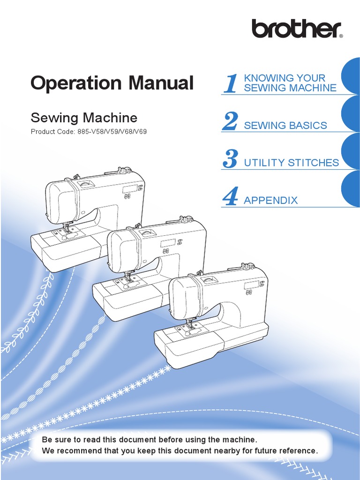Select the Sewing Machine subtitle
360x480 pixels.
tap(84, 117)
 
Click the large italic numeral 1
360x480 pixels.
tap(230, 84)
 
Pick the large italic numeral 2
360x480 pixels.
tap(230, 121)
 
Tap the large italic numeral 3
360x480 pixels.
tap(230, 159)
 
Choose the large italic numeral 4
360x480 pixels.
tap(230, 196)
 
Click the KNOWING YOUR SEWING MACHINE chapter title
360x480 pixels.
tap(290, 83)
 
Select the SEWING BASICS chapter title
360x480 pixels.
tap(285, 126)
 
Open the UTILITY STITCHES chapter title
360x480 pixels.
tap(292, 163)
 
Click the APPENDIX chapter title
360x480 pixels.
tap(271, 201)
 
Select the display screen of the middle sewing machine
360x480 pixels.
tap(167, 243)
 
